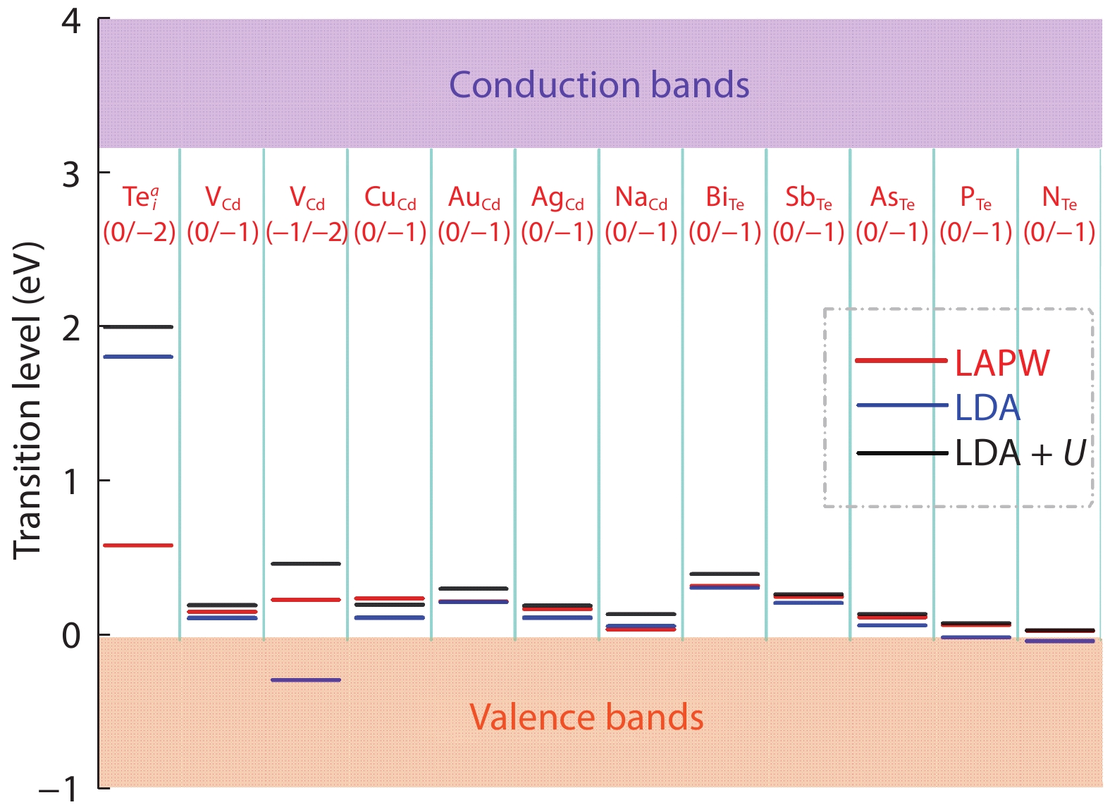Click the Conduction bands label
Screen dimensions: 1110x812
click(598, 85)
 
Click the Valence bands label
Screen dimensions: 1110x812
click(586, 717)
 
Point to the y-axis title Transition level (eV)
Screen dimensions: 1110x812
click(29, 401)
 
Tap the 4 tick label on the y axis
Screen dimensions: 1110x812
click(71, 23)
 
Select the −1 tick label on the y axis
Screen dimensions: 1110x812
click(58, 789)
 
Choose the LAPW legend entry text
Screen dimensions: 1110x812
click(1002, 363)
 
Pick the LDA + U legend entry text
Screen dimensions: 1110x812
click(1020, 453)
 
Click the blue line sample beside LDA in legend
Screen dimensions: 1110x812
click(902, 405)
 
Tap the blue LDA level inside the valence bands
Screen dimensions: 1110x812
click(306, 679)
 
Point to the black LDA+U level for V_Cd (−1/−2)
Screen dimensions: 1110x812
click(306, 564)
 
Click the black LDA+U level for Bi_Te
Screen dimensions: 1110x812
click(724, 574)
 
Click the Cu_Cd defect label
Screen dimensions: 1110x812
click(390, 198)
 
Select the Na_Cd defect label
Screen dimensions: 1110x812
click(641, 198)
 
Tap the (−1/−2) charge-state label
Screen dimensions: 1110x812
click(307, 232)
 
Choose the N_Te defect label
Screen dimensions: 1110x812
click(1059, 198)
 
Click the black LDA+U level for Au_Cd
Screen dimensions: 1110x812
click(473, 589)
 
